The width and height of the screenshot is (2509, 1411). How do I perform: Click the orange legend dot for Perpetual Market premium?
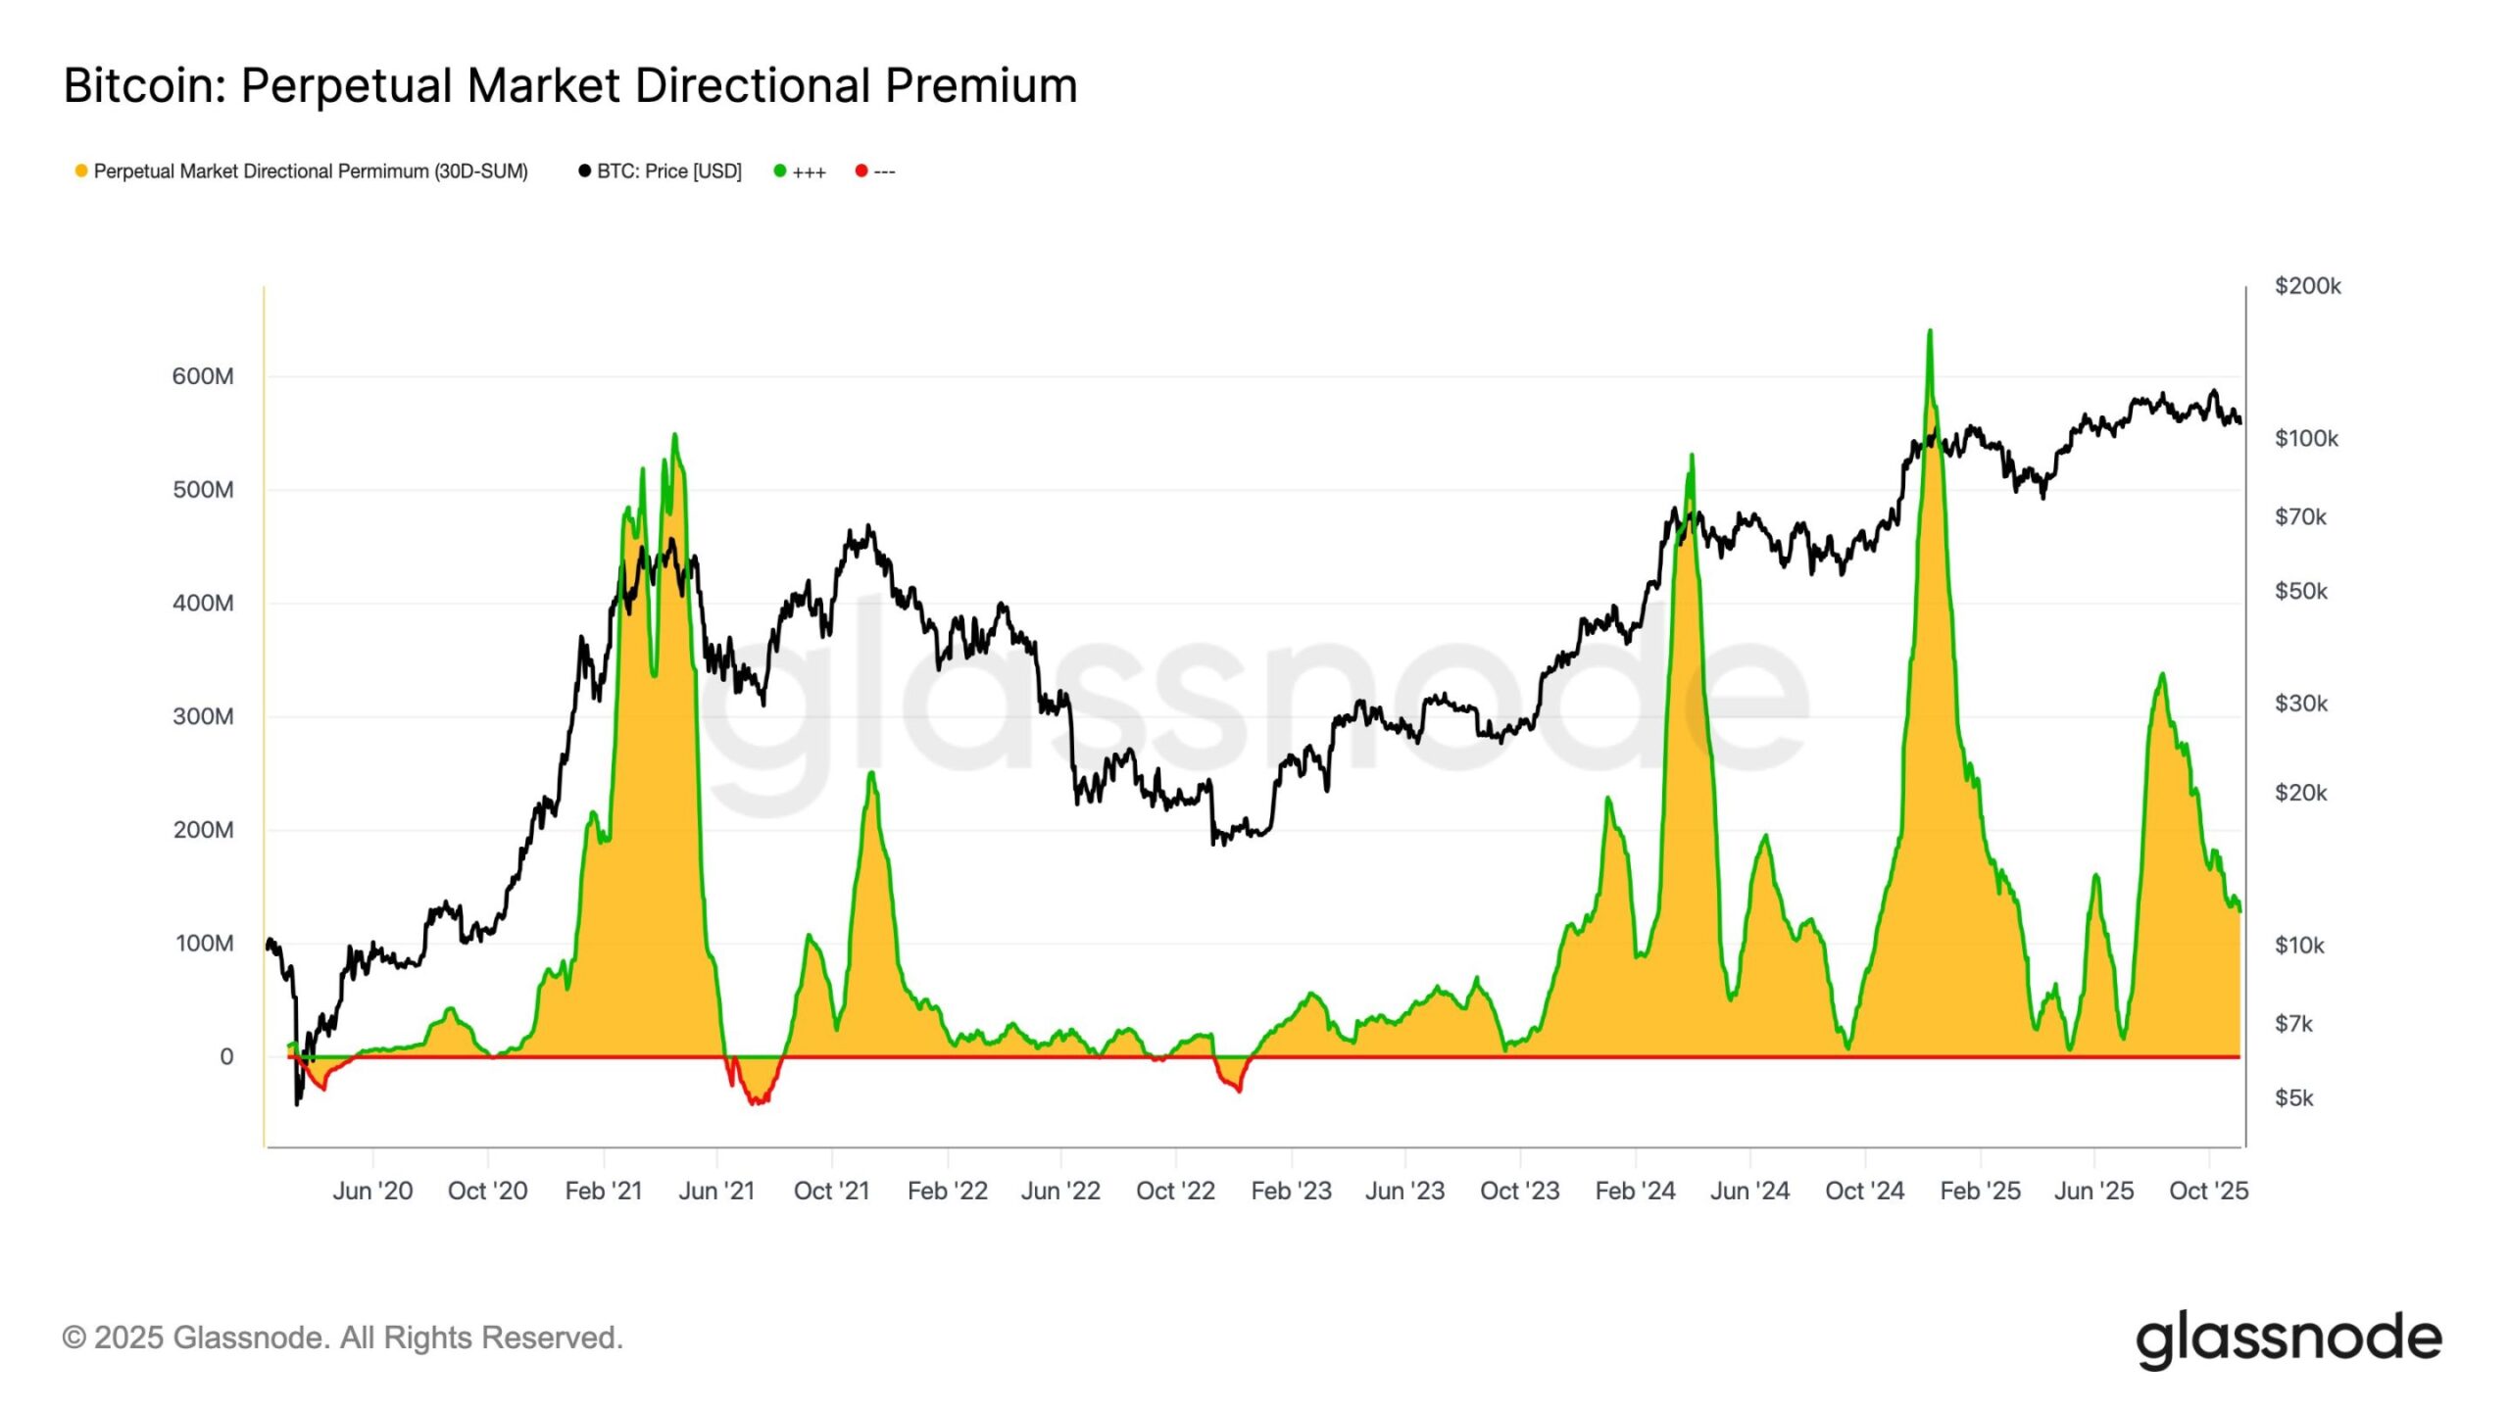point(81,171)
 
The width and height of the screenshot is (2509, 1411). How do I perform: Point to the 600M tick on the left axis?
point(203,376)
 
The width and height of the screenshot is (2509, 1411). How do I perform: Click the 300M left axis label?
point(203,716)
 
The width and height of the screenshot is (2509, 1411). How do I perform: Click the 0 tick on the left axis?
point(226,1057)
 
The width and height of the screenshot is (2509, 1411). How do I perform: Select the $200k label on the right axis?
point(2307,286)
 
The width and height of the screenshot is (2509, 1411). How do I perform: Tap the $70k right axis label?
point(2299,516)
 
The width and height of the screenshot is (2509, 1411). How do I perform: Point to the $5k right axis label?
point(2293,1097)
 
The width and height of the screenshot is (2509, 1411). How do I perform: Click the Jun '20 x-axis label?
point(372,1191)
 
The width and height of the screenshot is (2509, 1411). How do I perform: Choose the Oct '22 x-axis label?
point(1175,1191)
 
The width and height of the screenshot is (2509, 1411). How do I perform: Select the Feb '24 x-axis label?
point(1635,1191)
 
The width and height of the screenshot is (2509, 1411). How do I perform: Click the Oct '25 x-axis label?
point(2208,1191)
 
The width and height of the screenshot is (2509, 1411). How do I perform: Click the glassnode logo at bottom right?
point(2288,1339)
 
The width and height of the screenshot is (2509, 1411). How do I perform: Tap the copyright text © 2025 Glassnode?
point(342,1338)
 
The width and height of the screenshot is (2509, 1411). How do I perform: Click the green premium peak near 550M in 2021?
point(674,436)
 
